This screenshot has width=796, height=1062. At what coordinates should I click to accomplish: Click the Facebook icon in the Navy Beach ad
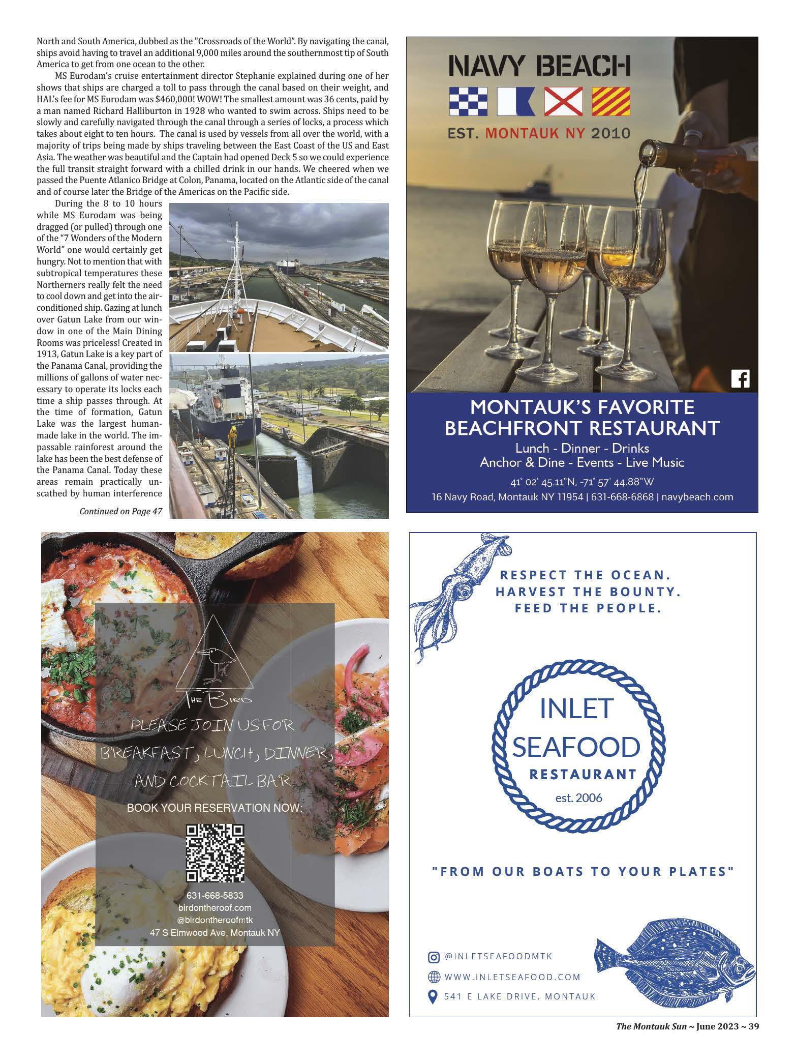coord(740,379)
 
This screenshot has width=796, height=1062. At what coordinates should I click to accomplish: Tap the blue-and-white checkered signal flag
coord(468,101)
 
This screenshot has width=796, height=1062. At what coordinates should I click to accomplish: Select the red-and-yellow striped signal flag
coord(611,101)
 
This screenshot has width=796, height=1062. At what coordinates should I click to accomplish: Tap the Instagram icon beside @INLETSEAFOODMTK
coord(434,957)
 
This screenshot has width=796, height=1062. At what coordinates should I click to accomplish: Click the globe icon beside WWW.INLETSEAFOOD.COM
coord(434,977)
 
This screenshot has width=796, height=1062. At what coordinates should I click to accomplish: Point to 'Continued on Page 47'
coord(120,511)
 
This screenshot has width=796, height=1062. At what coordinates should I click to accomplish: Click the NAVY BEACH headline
coord(539,66)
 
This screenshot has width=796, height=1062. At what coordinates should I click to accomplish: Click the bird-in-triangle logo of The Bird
coord(215,657)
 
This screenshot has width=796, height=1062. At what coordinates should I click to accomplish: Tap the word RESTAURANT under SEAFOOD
coord(583,774)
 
